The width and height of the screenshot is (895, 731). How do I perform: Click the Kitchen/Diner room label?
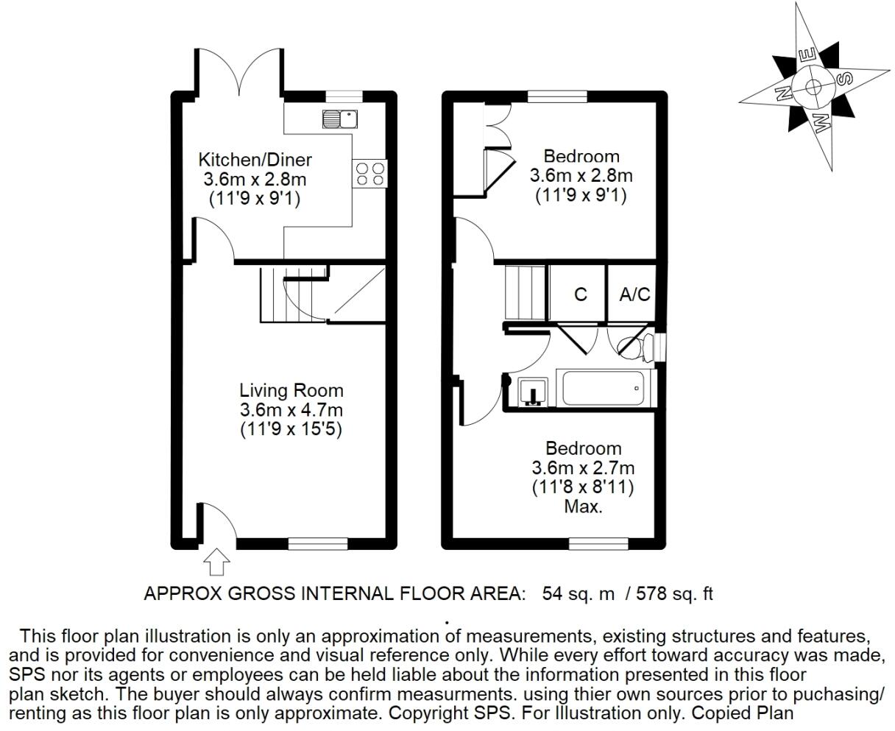pos(255,160)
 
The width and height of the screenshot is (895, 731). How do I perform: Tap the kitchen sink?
pos(339,118)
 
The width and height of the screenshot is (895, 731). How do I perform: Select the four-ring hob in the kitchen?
pos(370,174)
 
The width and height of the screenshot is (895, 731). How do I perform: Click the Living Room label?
pos(291,390)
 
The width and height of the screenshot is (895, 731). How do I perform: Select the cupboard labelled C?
pos(580,294)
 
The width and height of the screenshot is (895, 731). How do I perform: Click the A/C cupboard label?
pos(634,294)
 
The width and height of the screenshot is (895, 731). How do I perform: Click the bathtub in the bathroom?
pos(606,388)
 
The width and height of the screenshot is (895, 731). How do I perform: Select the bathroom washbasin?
pos(531,392)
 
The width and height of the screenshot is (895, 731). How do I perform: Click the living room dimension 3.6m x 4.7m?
pos(291,410)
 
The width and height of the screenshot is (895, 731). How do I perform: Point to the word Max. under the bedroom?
pos(583,506)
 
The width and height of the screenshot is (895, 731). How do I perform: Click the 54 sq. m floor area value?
pos(578,593)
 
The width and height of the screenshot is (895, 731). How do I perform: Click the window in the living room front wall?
pos(317,543)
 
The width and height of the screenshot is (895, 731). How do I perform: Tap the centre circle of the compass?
pos(813,86)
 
